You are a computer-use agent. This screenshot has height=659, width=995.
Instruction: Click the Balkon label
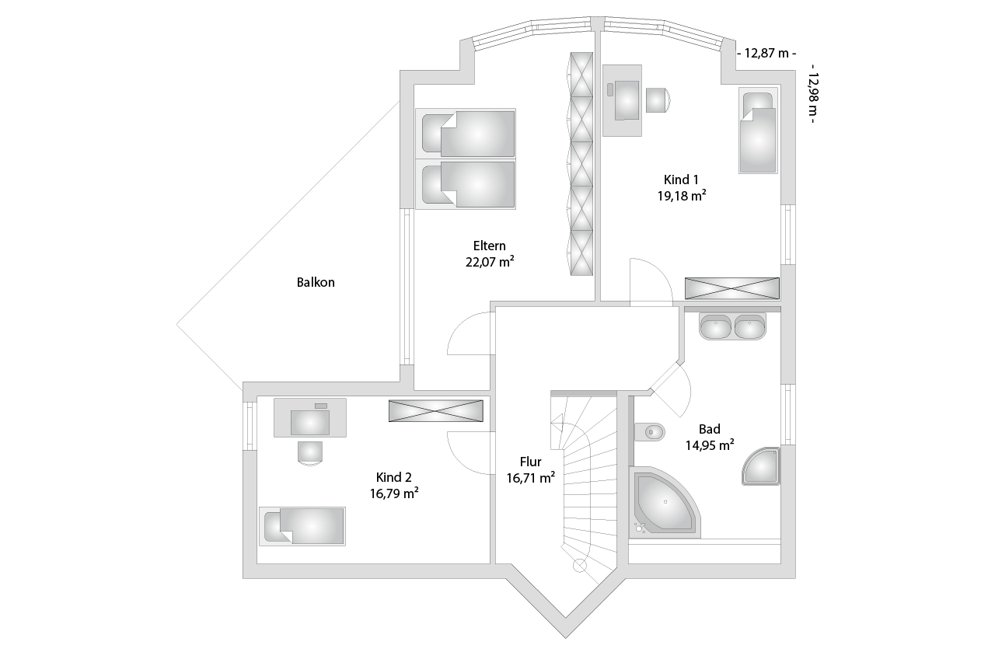316,282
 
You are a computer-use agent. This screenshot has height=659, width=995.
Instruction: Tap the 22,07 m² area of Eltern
490,262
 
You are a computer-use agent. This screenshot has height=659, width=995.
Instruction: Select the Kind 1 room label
681,180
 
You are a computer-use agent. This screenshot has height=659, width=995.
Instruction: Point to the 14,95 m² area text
710,445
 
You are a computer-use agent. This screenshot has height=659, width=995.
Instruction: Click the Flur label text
530,462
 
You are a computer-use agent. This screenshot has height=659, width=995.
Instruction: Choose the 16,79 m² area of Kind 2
394,493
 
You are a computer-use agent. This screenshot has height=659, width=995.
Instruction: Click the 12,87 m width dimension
766,54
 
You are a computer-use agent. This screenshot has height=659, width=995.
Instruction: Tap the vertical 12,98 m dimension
813,94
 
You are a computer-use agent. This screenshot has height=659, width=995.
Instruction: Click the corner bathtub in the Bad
665,502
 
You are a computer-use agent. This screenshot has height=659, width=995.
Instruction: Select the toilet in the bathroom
649,431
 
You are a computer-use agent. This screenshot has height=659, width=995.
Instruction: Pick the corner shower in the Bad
761,466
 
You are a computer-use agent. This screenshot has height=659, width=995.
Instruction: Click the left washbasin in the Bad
715,326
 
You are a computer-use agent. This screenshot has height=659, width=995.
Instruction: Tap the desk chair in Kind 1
658,100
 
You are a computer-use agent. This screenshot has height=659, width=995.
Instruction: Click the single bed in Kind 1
758,130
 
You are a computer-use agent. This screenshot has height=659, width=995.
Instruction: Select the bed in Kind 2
302,526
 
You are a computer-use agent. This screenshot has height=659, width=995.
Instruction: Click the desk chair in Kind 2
309,453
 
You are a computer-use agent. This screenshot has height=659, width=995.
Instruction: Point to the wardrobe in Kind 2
436,411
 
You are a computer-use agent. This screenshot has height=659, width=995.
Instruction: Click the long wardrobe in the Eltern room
581,164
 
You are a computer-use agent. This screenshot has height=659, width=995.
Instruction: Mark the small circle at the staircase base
580,565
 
